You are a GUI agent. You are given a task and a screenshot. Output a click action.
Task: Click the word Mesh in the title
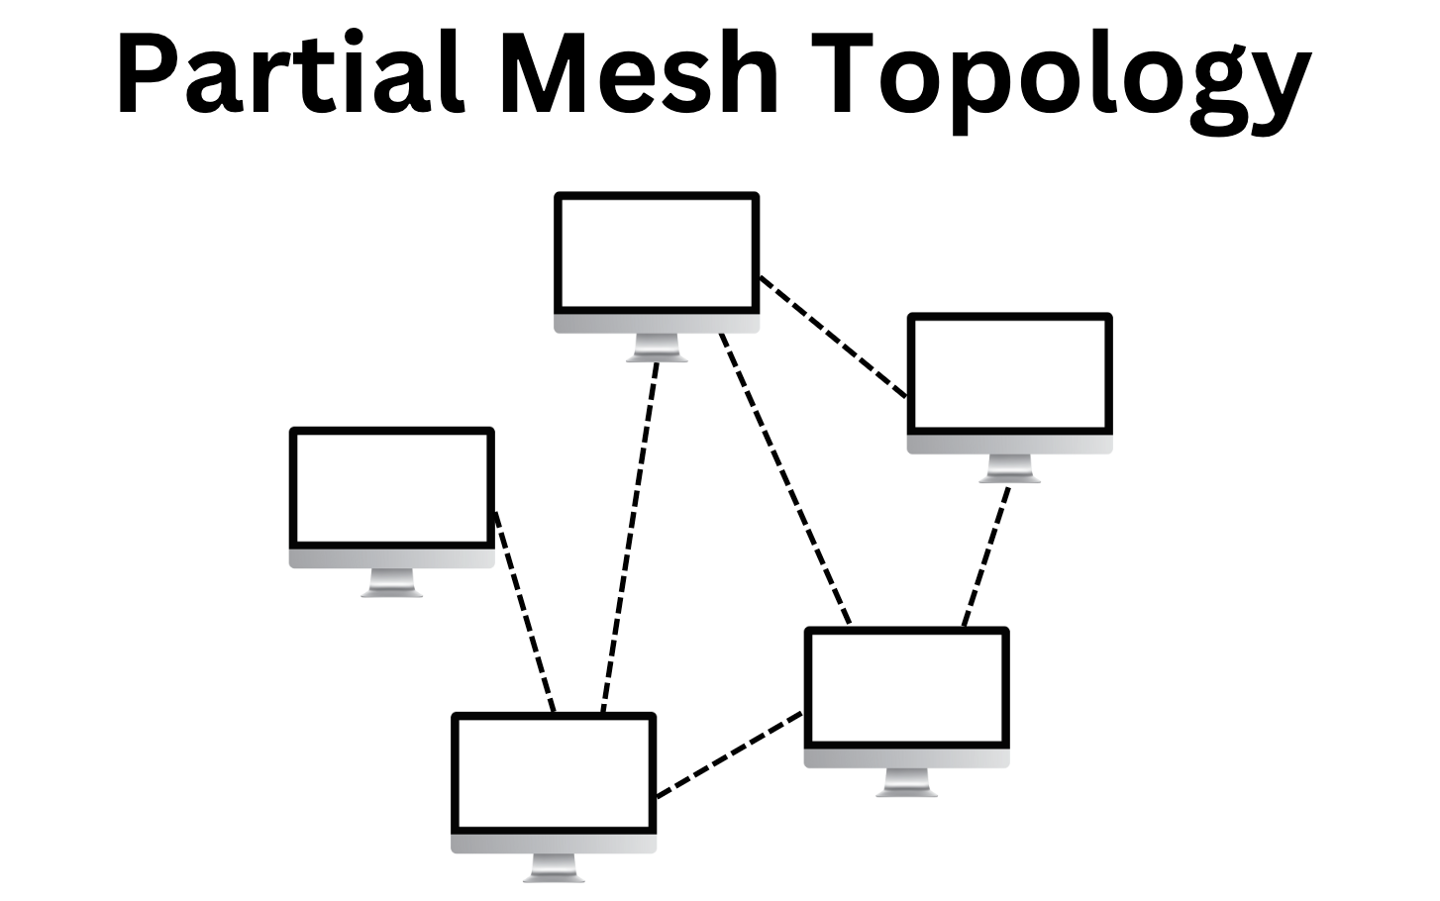(x=640, y=74)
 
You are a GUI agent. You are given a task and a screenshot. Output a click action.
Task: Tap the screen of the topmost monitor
(x=657, y=253)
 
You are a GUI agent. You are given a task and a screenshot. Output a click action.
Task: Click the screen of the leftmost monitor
(x=392, y=488)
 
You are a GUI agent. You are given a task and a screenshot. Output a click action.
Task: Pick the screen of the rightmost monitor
(x=1010, y=374)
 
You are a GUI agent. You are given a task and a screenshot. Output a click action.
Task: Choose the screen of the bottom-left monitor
(x=554, y=773)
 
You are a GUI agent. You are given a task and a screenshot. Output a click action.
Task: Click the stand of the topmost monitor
(x=657, y=348)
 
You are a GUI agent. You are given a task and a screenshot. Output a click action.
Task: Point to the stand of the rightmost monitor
(x=1010, y=468)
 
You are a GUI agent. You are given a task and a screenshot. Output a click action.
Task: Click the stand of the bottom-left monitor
(x=554, y=867)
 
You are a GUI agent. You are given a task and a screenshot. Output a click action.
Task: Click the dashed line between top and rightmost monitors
(x=833, y=337)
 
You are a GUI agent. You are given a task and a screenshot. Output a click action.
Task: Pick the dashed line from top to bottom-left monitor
(x=630, y=535)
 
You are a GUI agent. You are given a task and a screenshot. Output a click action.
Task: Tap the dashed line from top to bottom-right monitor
(x=784, y=479)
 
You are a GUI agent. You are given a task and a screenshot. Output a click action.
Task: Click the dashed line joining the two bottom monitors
(x=730, y=753)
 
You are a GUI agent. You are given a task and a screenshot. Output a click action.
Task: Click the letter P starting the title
(x=149, y=74)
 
